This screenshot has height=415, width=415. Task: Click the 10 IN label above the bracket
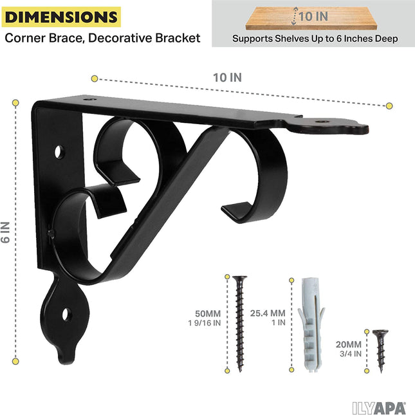(x=227, y=77)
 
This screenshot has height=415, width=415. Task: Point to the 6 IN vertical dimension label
(x=6, y=232)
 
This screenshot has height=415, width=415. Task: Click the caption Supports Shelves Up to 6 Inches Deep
(x=315, y=39)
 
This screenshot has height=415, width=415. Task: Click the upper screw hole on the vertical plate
(x=60, y=152)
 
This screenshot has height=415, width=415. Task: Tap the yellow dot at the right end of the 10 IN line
(x=389, y=104)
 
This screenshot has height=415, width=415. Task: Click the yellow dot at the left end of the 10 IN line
(x=95, y=78)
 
